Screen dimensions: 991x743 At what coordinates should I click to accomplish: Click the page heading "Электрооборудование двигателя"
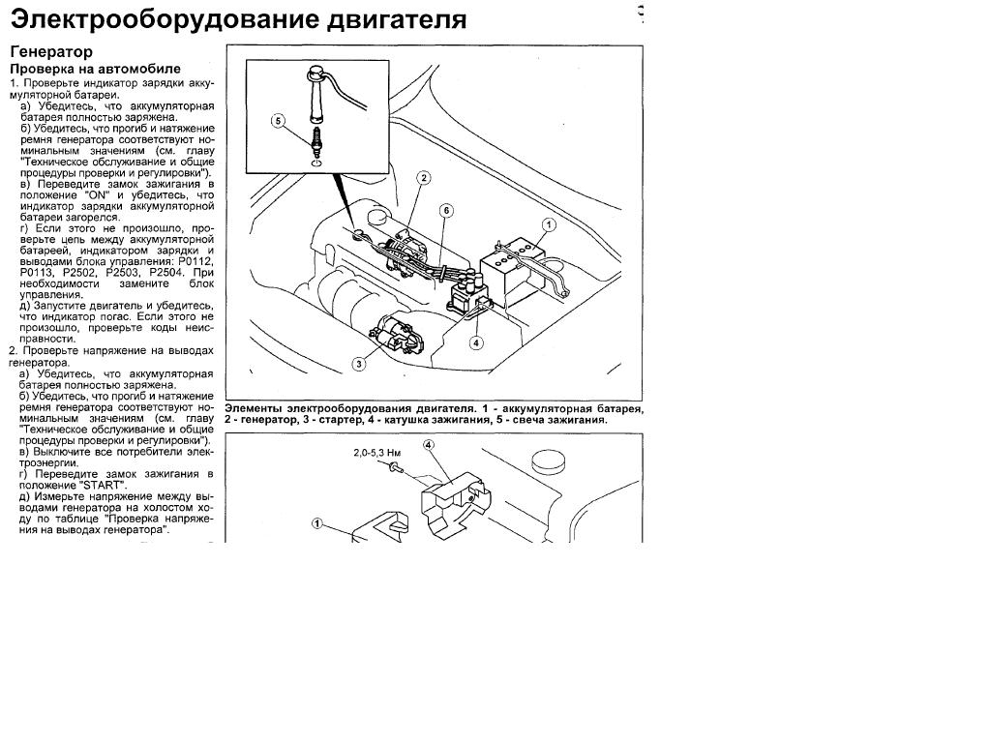(x=238, y=19)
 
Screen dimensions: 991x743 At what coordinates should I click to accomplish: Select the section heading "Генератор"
(x=51, y=52)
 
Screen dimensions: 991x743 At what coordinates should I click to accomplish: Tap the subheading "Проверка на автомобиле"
(x=96, y=69)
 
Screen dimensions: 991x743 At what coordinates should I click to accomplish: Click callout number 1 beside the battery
(x=549, y=224)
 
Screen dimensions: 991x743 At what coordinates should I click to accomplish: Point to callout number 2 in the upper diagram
(x=424, y=178)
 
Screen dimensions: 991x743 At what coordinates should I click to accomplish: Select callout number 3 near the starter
(x=359, y=364)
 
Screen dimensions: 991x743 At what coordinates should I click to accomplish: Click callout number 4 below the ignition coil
(x=476, y=343)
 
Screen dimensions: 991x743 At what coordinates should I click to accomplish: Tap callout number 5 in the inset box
(x=278, y=121)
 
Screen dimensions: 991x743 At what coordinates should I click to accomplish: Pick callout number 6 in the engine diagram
(x=446, y=210)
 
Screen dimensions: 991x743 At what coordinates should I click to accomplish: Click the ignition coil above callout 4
(x=467, y=296)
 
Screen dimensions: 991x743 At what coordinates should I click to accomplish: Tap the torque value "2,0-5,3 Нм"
(x=376, y=453)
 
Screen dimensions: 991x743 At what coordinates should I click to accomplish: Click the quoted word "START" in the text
(x=105, y=486)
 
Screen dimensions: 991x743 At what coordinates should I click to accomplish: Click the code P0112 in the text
(x=195, y=261)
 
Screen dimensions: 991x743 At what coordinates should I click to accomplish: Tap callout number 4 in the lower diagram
(x=429, y=445)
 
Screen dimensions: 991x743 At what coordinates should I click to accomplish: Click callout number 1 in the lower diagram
(x=317, y=523)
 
